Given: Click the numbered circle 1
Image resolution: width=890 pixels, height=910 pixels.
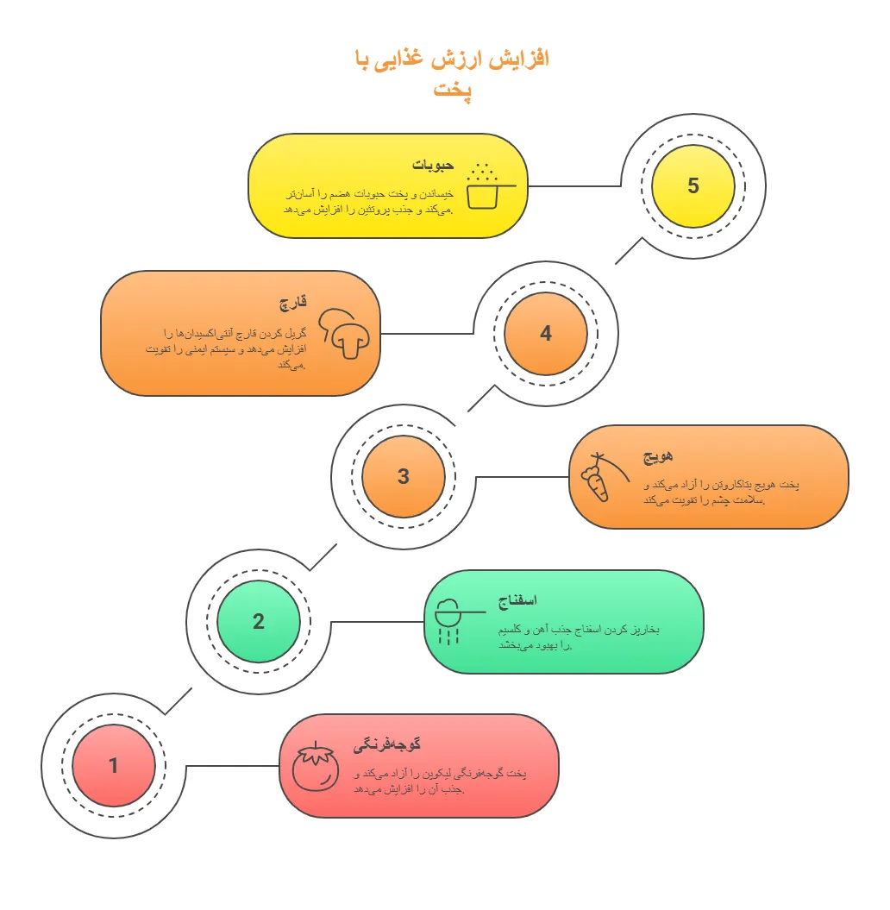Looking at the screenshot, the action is (x=114, y=765).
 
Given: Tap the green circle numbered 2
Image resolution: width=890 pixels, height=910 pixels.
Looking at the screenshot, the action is (x=259, y=621).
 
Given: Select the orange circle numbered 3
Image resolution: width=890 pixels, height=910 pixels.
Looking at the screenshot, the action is (x=404, y=476).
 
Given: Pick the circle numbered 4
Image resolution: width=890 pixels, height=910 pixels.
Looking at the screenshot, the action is (x=546, y=333).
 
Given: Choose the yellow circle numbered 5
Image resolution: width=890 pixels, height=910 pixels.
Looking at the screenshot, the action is (x=693, y=185).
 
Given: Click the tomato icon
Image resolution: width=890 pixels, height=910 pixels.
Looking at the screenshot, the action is (x=316, y=766).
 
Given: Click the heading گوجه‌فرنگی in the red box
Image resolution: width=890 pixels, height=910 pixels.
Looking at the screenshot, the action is (x=387, y=744).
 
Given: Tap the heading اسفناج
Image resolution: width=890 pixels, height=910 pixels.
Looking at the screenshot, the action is (x=517, y=600).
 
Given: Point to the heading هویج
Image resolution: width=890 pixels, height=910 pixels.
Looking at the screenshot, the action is (x=658, y=456).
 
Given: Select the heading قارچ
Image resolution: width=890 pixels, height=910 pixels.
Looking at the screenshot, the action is (x=293, y=303).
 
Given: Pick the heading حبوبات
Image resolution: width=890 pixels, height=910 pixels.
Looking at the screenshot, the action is (x=433, y=166).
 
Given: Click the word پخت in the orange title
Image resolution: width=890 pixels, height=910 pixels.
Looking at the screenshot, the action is (x=453, y=90).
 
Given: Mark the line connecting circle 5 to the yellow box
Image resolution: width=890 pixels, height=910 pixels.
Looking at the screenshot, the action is (x=573, y=186).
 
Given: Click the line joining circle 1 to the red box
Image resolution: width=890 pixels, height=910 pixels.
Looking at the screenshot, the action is (x=233, y=765).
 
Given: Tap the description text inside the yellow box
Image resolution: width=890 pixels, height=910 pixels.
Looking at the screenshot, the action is (x=368, y=201).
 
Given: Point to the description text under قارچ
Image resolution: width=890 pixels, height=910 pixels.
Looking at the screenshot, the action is (x=226, y=348).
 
